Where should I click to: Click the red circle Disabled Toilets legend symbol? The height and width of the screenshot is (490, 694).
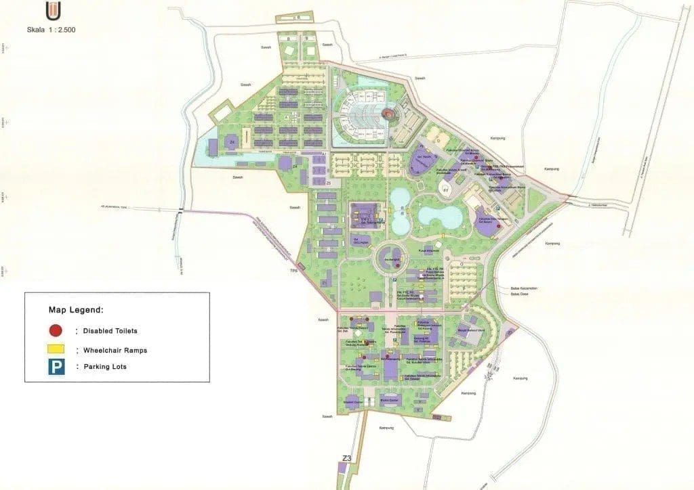click(x=56, y=331)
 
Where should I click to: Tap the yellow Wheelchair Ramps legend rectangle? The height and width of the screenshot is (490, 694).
click(x=56, y=349)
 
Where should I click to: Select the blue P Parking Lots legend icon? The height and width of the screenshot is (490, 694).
click(x=56, y=367)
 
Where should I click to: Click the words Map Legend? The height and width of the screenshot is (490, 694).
click(x=76, y=310)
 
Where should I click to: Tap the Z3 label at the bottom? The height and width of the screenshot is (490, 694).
click(x=347, y=459)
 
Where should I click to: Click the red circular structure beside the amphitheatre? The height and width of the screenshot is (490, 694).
click(x=388, y=114)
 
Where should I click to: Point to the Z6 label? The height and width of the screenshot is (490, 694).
click(x=328, y=183)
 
